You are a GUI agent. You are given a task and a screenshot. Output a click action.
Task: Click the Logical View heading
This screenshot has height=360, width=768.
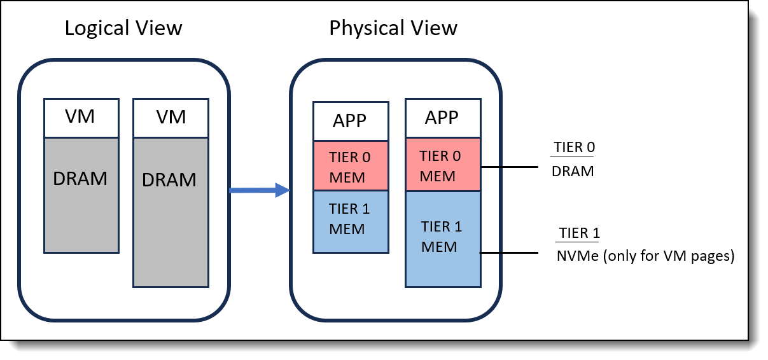tap(123, 29)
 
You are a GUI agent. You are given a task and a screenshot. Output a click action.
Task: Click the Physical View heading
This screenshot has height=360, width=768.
tap(393, 29)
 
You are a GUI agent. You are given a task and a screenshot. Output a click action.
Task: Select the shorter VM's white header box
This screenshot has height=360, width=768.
tap(81, 118)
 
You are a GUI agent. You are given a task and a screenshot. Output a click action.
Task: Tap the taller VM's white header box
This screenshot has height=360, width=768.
tap(171, 118)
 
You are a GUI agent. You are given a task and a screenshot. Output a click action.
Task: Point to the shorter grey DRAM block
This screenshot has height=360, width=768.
tap(81, 194)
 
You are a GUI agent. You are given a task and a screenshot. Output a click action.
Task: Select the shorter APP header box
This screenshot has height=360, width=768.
tap(350, 121)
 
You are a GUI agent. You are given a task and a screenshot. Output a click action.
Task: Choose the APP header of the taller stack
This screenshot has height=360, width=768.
tap(442, 119)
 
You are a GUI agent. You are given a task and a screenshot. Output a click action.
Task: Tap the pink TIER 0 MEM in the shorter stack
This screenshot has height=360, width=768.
tap(350, 167)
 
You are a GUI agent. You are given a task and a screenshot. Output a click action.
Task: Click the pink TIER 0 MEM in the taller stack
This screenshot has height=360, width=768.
tap(442, 165)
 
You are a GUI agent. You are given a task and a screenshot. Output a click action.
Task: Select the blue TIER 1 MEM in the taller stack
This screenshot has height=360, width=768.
tap(442, 237)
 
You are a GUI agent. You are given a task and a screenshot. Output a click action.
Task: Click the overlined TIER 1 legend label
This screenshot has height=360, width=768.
tap(579, 233)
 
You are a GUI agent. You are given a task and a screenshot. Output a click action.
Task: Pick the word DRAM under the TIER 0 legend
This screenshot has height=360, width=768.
tap(572, 170)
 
